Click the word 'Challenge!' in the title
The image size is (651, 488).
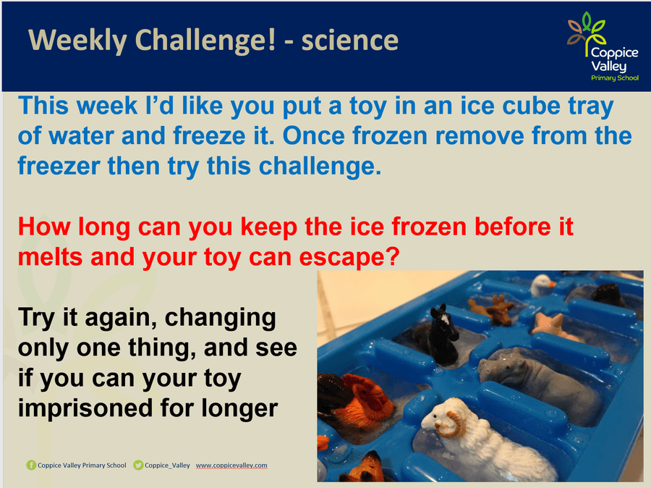tap(205, 41)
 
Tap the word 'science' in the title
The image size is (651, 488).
tap(350, 41)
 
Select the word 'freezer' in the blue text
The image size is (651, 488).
tap(59, 165)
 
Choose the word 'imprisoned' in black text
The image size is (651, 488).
tap(85, 409)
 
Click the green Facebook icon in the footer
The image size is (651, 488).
tap(31, 465)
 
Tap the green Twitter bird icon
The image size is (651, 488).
tap(138, 465)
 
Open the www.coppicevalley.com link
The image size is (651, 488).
tap(231, 465)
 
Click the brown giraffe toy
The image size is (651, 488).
tap(493, 310)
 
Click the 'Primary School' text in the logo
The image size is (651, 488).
tap(615, 77)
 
